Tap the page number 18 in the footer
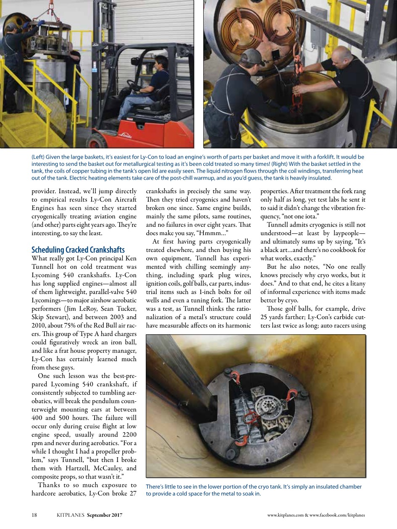[x=35, y=515]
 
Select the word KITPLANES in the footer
[x=71, y=515]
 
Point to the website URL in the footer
[x=316, y=515]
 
